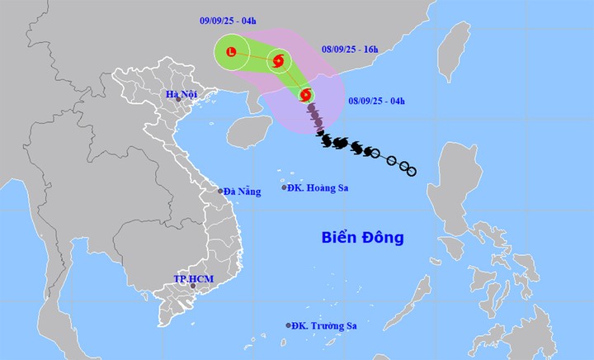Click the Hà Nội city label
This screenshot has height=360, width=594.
click(x=181, y=95)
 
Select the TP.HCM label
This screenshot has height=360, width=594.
click(x=193, y=279)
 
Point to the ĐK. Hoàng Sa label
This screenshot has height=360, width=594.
click(x=318, y=188)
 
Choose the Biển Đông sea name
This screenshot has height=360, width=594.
click(x=362, y=238)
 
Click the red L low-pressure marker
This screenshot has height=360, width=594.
click(x=230, y=53)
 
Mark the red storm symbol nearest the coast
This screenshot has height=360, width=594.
click(x=307, y=95)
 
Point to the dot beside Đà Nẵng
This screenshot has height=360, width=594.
click(x=220, y=192)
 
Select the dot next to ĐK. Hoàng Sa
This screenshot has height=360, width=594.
click(x=285, y=188)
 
